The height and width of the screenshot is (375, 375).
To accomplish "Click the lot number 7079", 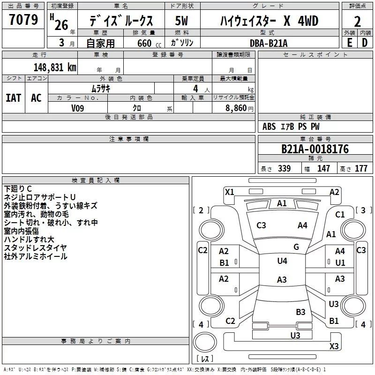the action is click(x=23, y=20).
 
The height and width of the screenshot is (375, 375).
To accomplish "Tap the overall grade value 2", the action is click(x=357, y=22).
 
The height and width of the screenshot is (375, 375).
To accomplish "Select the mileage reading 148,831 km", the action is click(x=55, y=67).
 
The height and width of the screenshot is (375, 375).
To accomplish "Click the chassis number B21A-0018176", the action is click(x=315, y=149).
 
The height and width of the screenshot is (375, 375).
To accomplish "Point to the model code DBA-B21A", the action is click(x=269, y=43).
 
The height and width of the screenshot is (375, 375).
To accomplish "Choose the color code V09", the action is click(x=77, y=108).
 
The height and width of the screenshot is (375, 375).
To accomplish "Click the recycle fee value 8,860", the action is click(x=236, y=108).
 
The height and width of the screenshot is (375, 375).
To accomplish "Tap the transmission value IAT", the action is click(x=14, y=98).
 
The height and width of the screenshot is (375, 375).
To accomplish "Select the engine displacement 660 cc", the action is click(x=149, y=43).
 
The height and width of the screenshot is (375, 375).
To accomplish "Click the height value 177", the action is click(x=361, y=168).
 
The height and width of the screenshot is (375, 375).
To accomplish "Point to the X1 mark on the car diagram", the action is click(x=230, y=192).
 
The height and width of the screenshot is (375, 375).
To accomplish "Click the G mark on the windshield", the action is click(x=296, y=247).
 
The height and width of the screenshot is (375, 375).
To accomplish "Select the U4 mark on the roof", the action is click(x=282, y=261).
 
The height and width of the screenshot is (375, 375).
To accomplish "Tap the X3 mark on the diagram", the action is click(x=334, y=346).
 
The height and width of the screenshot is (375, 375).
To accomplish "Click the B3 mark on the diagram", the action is click(x=300, y=312).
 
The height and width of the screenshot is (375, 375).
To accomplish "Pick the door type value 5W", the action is click(x=181, y=21).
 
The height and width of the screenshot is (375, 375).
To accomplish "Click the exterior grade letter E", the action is click(x=350, y=43).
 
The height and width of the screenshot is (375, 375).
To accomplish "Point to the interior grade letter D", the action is click(x=365, y=43).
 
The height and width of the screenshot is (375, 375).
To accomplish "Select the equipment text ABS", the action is click(x=269, y=127).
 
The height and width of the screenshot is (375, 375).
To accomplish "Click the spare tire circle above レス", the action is click(x=205, y=342).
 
